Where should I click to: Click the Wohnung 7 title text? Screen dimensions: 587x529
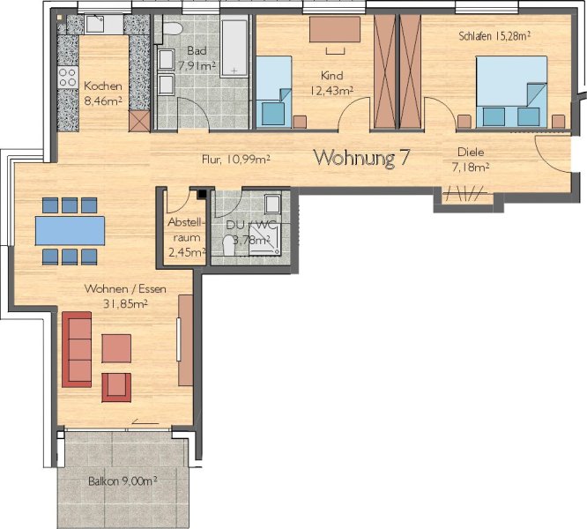[362, 158]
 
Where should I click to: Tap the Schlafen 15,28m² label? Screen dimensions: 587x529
[494, 36]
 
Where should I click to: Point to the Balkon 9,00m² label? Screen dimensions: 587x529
[123, 481]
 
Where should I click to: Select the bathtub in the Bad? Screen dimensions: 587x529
[234, 48]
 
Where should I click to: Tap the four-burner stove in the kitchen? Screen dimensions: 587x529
[68, 78]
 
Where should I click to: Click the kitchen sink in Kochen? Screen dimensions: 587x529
[100, 25]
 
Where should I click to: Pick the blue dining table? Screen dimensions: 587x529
[70, 231]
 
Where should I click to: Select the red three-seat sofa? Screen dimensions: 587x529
[77, 349]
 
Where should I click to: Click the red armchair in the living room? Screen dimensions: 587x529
[116, 387]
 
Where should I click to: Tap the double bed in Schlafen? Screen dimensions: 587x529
[511, 92]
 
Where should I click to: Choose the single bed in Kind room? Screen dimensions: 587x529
[273, 92]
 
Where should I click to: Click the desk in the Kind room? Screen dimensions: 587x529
[335, 29]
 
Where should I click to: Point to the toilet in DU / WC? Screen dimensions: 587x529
[228, 245]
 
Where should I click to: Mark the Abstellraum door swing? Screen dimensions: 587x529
[179, 201]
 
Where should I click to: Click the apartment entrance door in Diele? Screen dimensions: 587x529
[553, 154]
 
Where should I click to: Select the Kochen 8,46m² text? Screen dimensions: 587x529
[103, 93]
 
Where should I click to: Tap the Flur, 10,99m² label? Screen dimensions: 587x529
[236, 160]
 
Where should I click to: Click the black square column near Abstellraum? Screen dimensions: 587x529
[202, 193]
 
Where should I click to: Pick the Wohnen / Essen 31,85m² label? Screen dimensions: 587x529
[125, 296]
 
